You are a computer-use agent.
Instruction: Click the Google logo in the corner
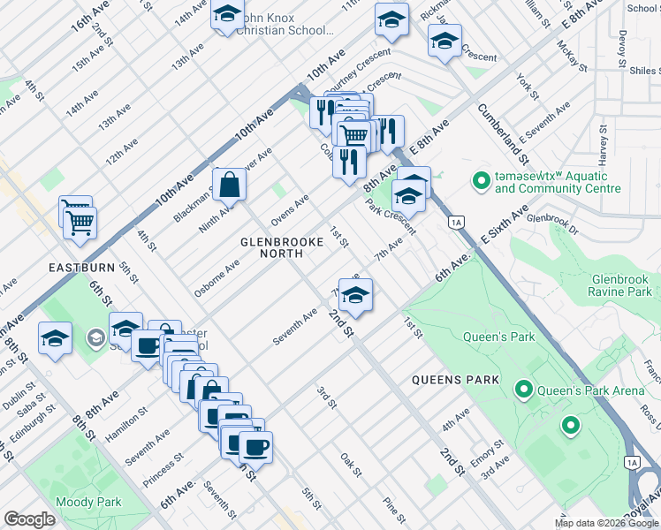(29, 519)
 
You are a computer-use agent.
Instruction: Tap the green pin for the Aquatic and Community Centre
(481, 182)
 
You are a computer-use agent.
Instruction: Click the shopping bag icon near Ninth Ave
(229, 184)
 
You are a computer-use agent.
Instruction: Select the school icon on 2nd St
(355, 295)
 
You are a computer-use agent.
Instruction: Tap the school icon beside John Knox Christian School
(227, 15)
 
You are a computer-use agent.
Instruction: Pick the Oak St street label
(352, 465)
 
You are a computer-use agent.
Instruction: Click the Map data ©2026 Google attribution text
(606, 523)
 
